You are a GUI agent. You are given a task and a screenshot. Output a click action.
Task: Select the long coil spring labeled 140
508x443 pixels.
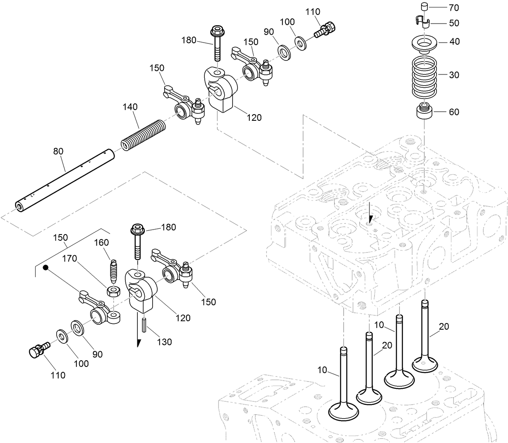coord(143,134)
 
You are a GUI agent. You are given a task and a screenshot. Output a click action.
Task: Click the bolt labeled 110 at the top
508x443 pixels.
coord(326,29)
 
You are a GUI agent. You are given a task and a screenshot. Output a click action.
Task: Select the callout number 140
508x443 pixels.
coord(130,107)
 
